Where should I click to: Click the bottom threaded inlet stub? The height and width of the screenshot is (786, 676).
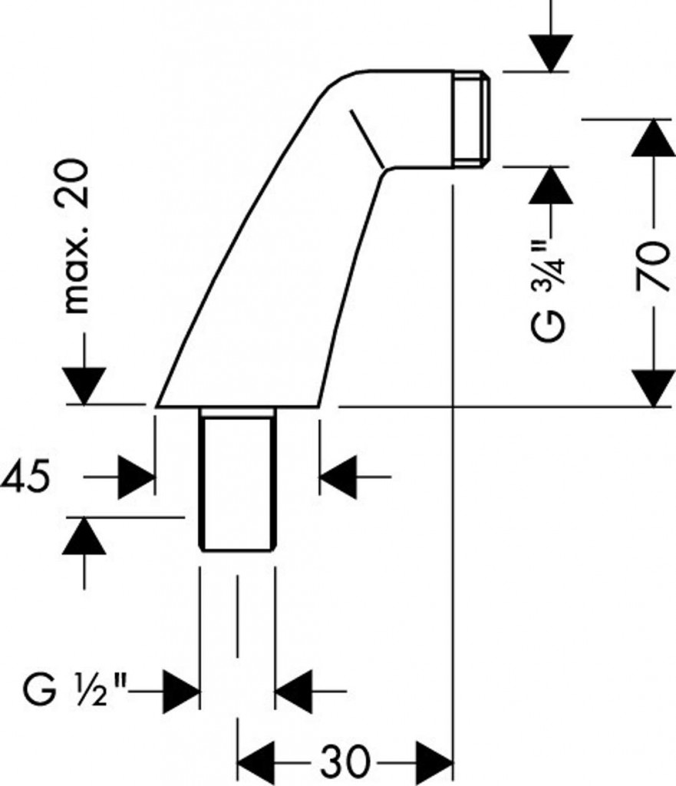click(237, 480)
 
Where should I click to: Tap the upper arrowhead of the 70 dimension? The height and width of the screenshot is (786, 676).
click(651, 138)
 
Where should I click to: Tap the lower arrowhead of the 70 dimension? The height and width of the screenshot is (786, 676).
click(651, 387)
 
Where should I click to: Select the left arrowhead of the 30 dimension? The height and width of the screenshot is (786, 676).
click(256, 763)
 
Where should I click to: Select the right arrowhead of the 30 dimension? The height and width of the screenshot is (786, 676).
click(434, 763)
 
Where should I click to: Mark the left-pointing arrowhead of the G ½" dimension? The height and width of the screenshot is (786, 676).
click(294, 689)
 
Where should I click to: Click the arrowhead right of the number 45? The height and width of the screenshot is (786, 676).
click(137, 477)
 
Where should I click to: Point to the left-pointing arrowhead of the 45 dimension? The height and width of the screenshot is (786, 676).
click(338, 477)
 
